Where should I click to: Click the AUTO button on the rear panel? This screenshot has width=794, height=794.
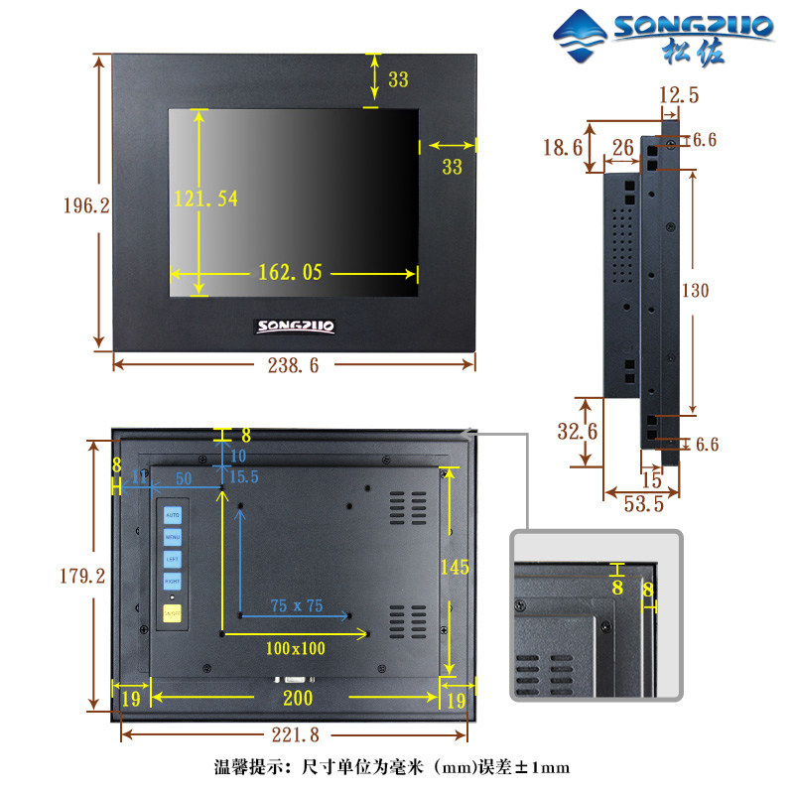[x=172, y=516]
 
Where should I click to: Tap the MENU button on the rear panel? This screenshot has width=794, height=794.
[x=172, y=537]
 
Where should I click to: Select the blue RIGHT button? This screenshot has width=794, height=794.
[x=172, y=580]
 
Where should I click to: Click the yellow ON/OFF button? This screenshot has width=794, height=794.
[x=172, y=614]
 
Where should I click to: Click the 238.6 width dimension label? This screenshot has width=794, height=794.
[x=293, y=365]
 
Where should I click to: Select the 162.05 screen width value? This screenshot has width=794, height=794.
[x=291, y=272]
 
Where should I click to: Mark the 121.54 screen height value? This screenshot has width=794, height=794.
[x=206, y=198]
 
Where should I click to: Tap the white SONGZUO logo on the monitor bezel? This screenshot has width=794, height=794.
[x=296, y=325]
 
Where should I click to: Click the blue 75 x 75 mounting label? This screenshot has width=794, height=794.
[x=297, y=605]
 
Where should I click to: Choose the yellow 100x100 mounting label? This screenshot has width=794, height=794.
[x=295, y=648]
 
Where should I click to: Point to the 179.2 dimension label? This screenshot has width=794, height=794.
[x=83, y=576]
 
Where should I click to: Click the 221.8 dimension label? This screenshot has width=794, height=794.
[x=294, y=734]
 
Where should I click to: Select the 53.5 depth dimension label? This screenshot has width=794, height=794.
[x=643, y=504]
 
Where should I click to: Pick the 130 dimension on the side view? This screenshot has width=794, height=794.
[x=696, y=291]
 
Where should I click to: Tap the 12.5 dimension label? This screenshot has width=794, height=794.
[x=679, y=95]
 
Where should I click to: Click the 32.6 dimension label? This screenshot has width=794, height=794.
[x=578, y=432]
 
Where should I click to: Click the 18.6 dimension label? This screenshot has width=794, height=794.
[x=562, y=148]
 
